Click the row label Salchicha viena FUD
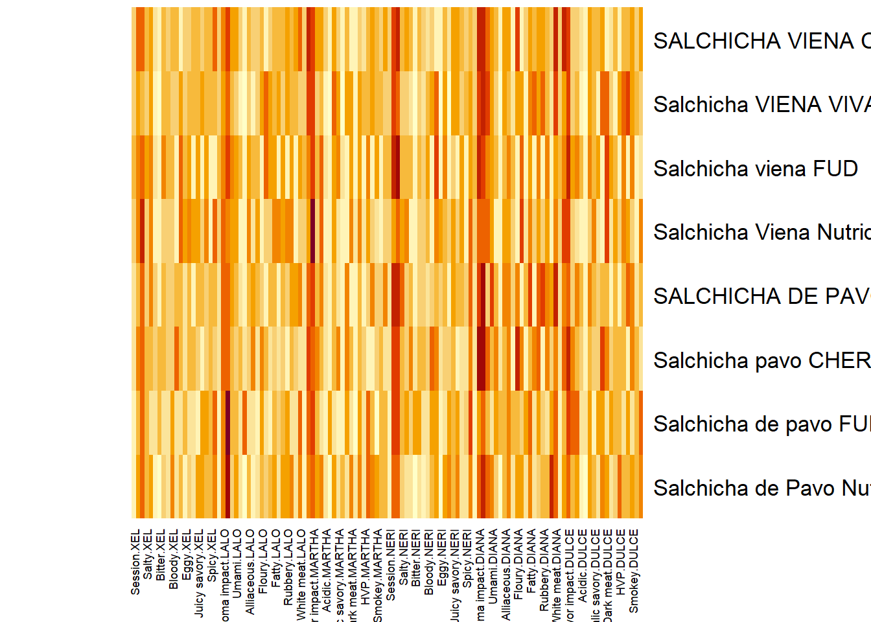(x=756, y=168)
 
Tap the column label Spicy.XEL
(x=212, y=555)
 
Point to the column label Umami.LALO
(x=237, y=562)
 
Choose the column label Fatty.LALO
(x=276, y=559)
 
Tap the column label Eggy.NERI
(x=442, y=558)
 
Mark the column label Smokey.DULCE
(x=634, y=571)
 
